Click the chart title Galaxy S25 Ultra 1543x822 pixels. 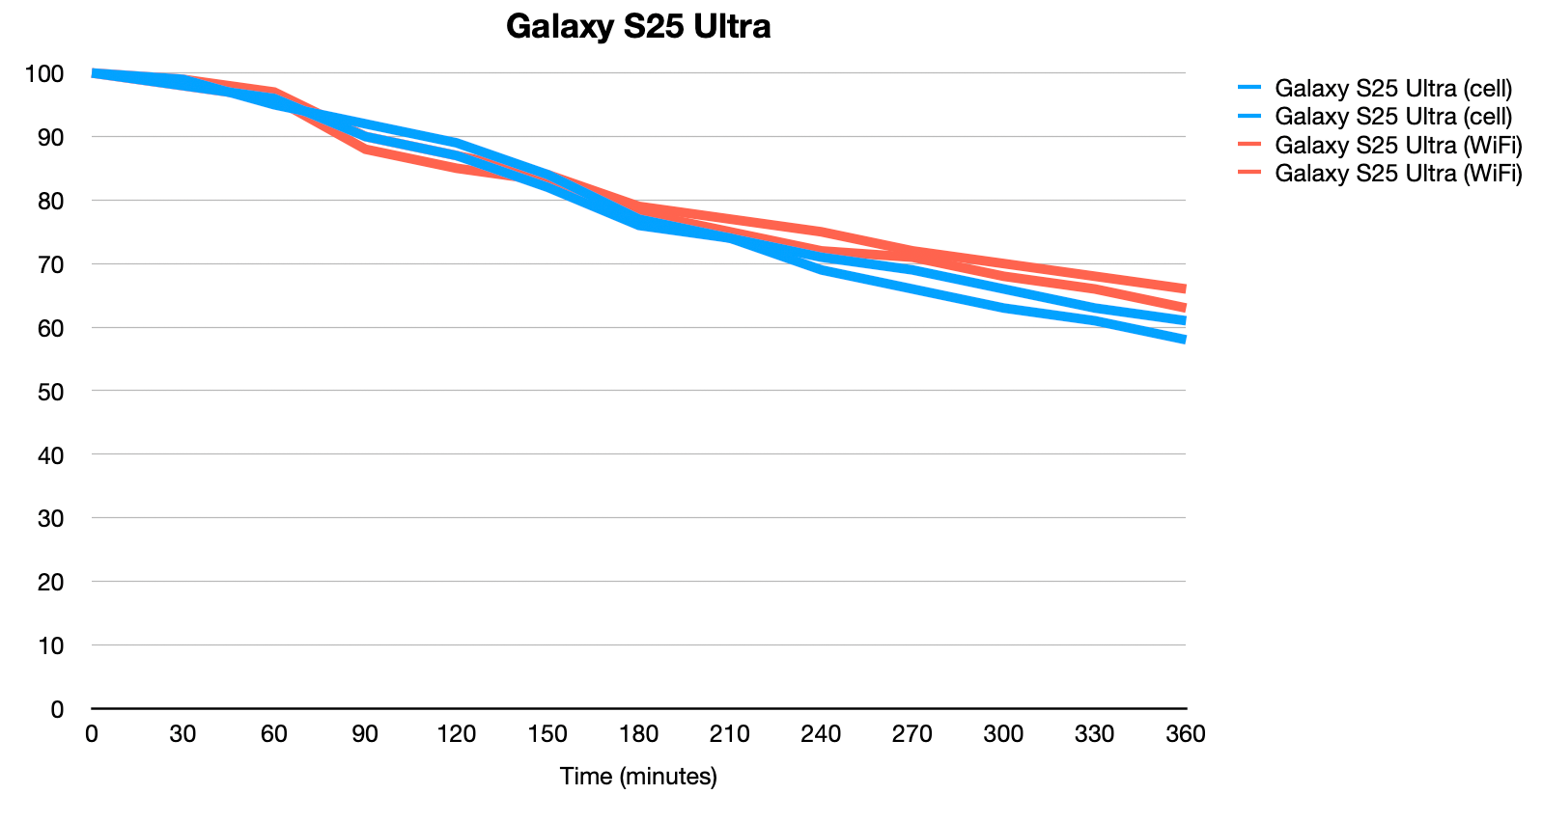click(x=637, y=26)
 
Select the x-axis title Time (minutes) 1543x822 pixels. click(x=638, y=776)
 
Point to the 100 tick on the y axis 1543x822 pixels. click(x=44, y=73)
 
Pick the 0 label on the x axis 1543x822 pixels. click(x=92, y=734)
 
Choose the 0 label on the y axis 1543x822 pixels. click(x=57, y=709)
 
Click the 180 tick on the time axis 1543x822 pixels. click(x=638, y=734)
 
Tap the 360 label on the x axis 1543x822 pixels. click(x=1185, y=734)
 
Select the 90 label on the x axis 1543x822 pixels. click(x=365, y=734)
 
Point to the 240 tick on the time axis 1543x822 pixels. click(x=821, y=734)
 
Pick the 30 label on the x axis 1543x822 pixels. click(x=182, y=734)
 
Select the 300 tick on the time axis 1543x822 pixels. click(x=1003, y=734)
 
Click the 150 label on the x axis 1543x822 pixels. click(x=547, y=734)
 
